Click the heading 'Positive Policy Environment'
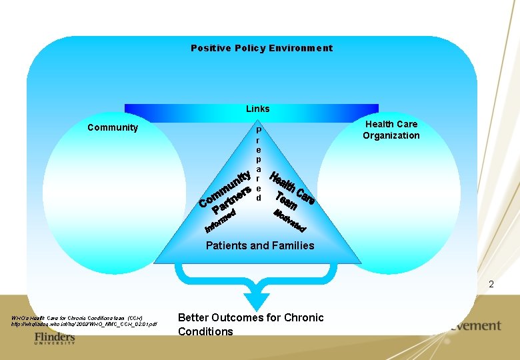point(261,48)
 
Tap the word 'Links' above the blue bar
point(258,109)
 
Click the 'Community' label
point(113,127)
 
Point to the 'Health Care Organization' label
point(391,130)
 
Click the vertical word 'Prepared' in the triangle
point(259,164)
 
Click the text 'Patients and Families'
point(260,246)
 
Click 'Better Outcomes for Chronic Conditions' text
point(251,325)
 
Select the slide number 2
point(491,285)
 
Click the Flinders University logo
point(54,339)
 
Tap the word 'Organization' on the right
point(391,136)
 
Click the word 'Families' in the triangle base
point(293,246)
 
